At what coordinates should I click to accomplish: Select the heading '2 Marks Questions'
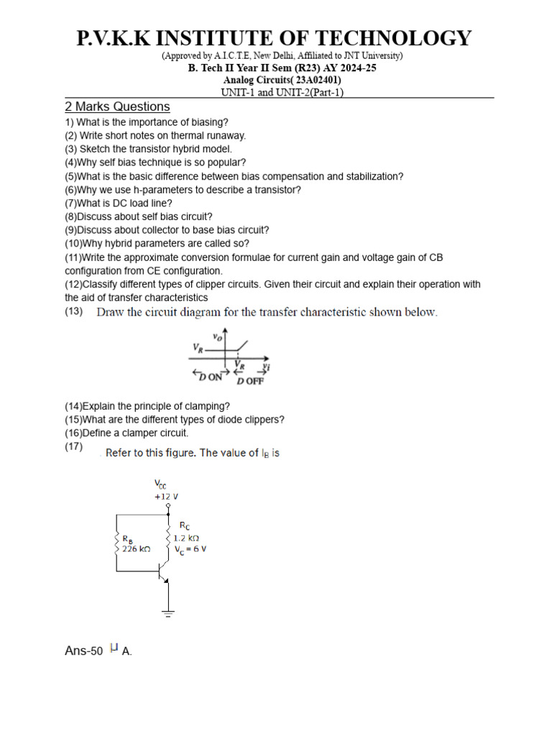117,107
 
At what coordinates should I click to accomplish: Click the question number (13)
74,311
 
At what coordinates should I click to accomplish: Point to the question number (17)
74,447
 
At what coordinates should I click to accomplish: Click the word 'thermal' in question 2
185,135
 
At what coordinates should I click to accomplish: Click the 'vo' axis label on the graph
217,336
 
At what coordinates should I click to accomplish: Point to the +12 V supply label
166,497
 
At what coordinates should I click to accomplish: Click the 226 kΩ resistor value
139,548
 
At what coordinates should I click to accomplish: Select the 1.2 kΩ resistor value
186,537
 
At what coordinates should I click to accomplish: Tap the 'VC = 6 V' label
190,548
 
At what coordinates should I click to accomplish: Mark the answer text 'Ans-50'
84,651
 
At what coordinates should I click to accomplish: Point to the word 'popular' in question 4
225,162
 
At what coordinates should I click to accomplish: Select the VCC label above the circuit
161,486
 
